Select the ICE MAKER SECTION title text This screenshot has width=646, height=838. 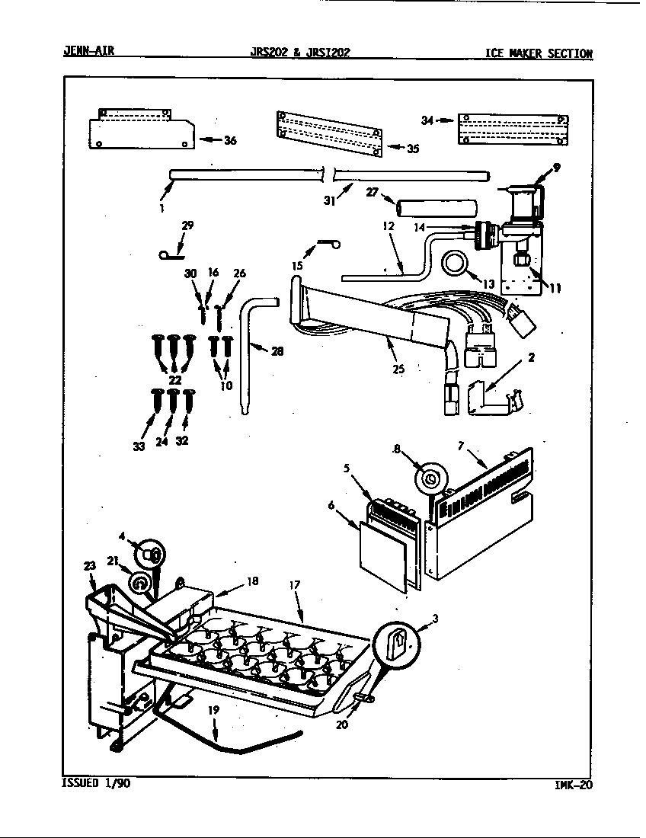coord(538,53)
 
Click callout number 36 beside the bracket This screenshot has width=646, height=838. coord(230,140)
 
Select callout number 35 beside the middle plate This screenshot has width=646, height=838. coord(412,149)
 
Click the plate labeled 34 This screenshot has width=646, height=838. coord(513,130)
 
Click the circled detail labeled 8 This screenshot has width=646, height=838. coord(430,479)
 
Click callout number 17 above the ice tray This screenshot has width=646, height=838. coord(295,585)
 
